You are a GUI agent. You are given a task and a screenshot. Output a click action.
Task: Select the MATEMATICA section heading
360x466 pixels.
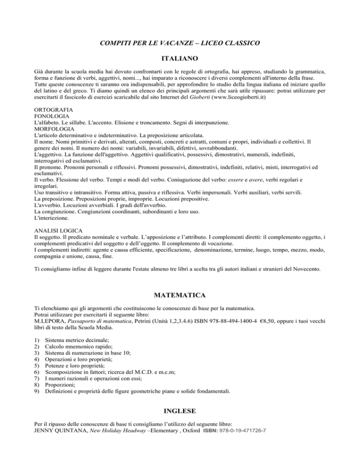pos(180,296)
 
